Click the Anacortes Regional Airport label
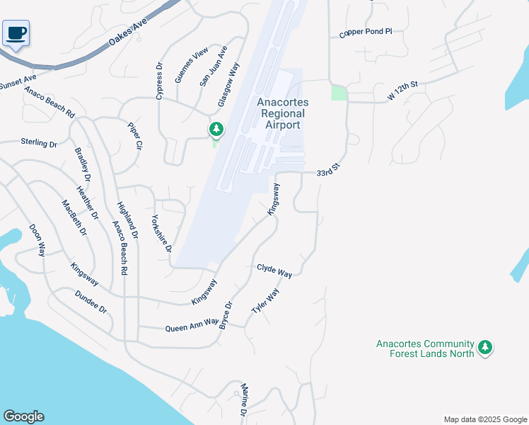pyautogui.click(x=282, y=113)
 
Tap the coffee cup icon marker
pyautogui.click(x=16, y=33)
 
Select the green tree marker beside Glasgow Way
pyautogui.click(x=216, y=130)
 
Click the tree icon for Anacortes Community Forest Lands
pyautogui.click(x=484, y=347)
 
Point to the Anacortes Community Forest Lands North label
pyautogui.click(x=424, y=348)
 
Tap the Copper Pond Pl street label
pyautogui.click(x=365, y=32)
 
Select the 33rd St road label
pyautogui.click(x=329, y=172)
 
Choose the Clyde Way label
pyautogui.click(x=274, y=271)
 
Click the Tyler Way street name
pyautogui.click(x=266, y=302)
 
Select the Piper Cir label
pyautogui.click(x=135, y=136)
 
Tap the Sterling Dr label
pyautogui.click(x=38, y=143)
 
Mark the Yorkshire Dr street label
pyautogui.click(x=162, y=233)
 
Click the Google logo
pyautogui.click(x=23, y=416)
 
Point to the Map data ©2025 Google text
pyautogui.click(x=484, y=419)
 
